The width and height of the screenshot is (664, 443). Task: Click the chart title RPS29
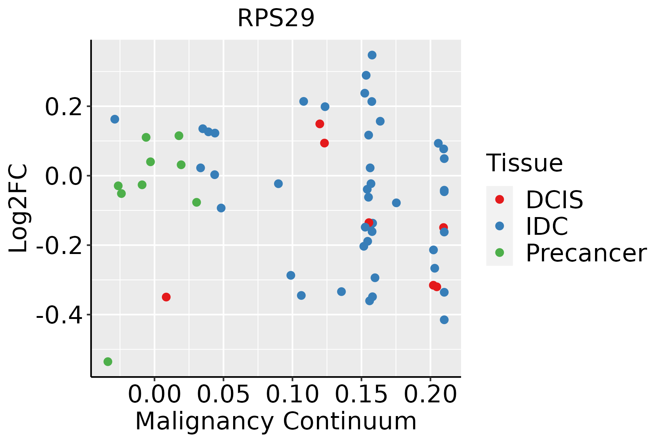(276, 18)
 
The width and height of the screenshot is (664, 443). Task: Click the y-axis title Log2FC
(18, 209)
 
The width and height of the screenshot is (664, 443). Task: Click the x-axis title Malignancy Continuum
(276, 422)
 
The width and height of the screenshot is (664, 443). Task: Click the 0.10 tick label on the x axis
(292, 395)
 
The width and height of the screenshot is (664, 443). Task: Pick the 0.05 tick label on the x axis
(223, 395)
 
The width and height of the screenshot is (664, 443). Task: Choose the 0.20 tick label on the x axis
(430, 395)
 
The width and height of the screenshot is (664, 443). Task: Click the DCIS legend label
(554, 200)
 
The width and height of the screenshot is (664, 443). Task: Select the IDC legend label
(547, 226)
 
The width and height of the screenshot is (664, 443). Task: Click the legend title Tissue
(525, 163)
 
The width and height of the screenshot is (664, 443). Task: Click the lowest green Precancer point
(108, 361)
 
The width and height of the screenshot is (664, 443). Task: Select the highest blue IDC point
(372, 55)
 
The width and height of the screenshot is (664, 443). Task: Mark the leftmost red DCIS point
(166, 297)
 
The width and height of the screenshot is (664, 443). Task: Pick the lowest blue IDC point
(444, 320)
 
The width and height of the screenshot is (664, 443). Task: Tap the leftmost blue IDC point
(115, 119)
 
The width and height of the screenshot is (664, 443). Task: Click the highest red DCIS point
(320, 124)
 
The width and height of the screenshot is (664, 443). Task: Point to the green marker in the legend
(499, 253)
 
